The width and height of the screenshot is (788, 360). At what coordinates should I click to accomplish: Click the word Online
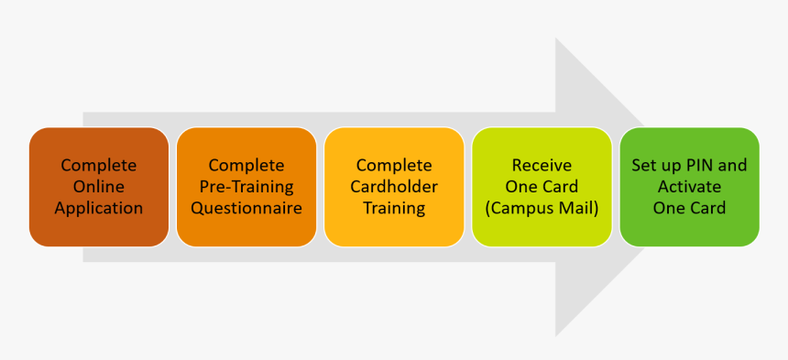(98, 187)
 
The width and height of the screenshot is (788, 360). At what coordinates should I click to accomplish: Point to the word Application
(99, 208)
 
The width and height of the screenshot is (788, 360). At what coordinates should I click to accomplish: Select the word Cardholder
(394, 187)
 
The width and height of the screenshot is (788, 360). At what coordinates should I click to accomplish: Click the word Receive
(542, 166)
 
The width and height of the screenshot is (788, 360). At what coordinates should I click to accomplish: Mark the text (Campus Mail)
(542, 208)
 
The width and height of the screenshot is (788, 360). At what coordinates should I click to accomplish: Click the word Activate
(689, 187)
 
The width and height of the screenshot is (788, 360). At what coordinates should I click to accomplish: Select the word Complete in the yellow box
(394, 166)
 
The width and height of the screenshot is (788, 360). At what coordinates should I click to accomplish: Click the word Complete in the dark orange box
(98, 166)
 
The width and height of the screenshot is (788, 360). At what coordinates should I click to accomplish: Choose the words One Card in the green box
(689, 208)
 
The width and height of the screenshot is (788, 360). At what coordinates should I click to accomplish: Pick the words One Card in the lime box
(542, 187)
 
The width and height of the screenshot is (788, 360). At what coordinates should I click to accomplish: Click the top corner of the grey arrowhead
(556, 39)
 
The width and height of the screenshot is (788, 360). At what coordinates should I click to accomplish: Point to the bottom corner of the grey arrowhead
(556, 334)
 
